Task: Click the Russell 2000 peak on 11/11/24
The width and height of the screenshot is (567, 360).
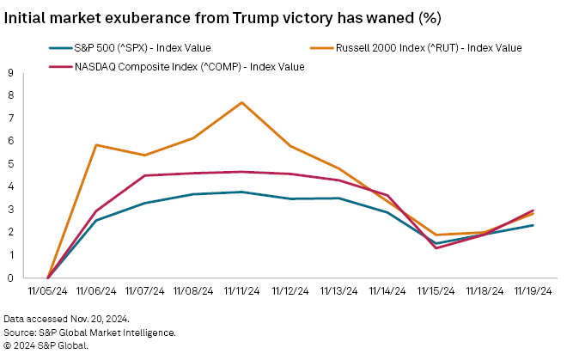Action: pyautogui.click(x=241, y=102)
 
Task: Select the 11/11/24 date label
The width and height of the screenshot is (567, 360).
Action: pyautogui.click(x=241, y=292)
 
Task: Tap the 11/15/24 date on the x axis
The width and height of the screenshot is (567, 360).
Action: pyautogui.click(x=436, y=292)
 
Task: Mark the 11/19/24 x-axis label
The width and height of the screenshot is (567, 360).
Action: pyautogui.click(x=533, y=292)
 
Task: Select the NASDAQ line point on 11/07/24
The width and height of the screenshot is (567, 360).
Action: pyautogui.click(x=144, y=175)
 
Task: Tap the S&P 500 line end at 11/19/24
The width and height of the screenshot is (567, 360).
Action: pyautogui.click(x=533, y=225)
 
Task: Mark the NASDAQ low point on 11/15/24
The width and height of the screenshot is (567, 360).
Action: pyautogui.click(x=436, y=248)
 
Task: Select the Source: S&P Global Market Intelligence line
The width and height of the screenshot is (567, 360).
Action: pyautogui.click(x=89, y=332)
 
